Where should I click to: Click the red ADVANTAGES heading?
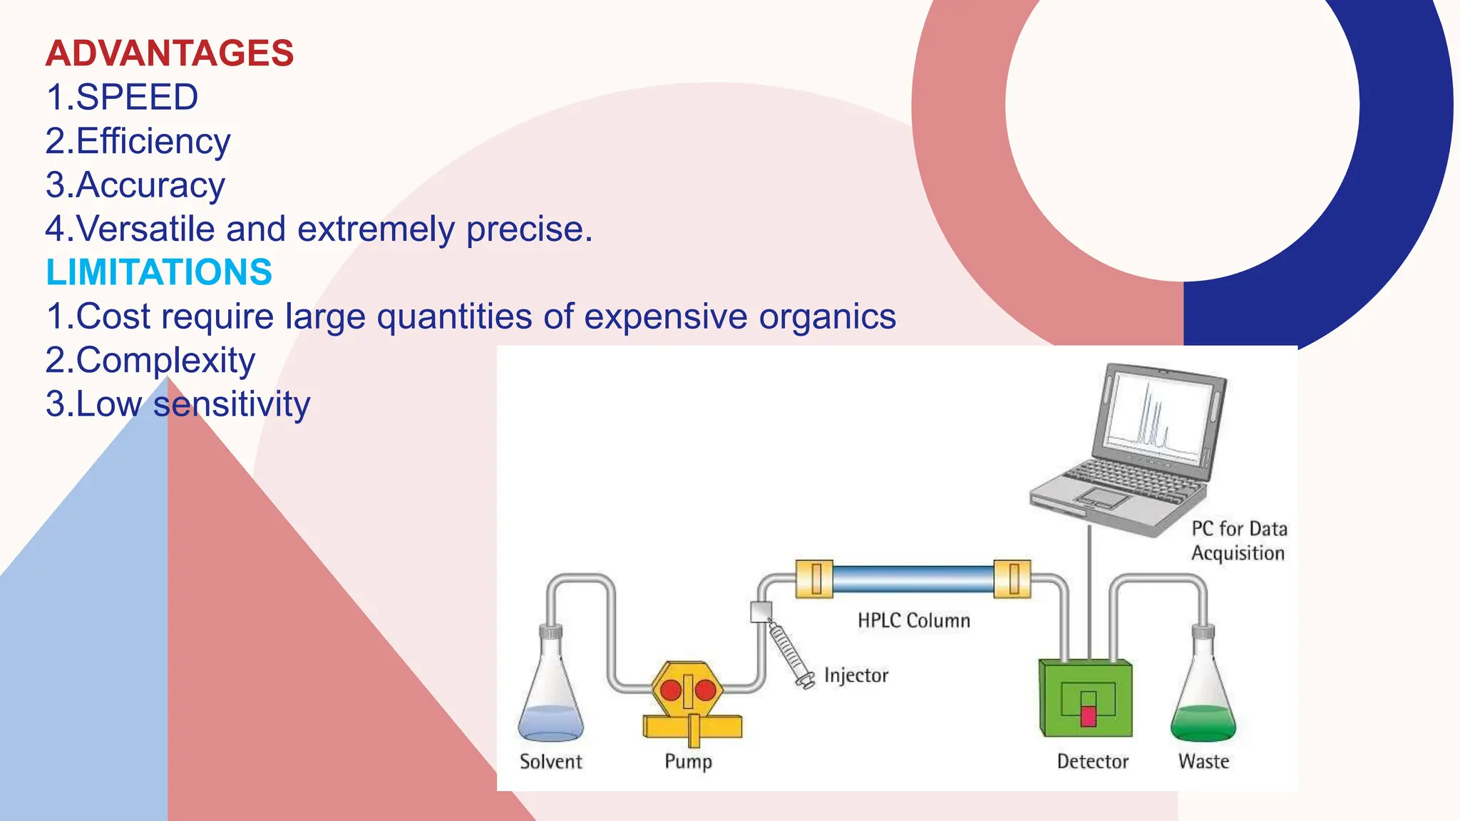click(x=170, y=53)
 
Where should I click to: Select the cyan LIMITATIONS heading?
click(x=159, y=272)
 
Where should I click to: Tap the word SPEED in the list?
click(x=137, y=98)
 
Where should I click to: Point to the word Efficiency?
click(x=153, y=141)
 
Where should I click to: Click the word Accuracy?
click(x=150, y=185)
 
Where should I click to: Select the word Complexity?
click(x=165, y=361)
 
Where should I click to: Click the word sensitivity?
click(x=232, y=404)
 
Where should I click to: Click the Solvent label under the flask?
click(x=551, y=762)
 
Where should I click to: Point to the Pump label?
click(x=688, y=762)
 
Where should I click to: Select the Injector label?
click(x=856, y=675)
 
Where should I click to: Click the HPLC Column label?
click(x=914, y=620)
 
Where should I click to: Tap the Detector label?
click(x=1093, y=762)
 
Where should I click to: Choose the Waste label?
click(x=1203, y=762)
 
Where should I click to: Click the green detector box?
click(x=1085, y=698)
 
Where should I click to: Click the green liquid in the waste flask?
click(x=1203, y=723)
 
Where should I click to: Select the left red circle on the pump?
click(x=671, y=690)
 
